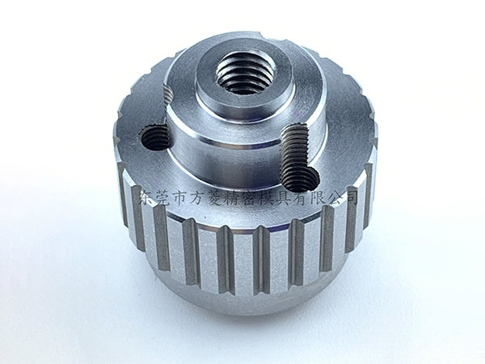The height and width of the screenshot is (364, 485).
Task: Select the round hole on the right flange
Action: (302, 179)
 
